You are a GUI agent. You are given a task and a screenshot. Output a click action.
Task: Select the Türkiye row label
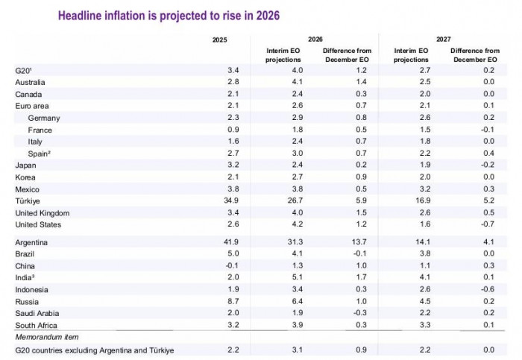tap(28, 200)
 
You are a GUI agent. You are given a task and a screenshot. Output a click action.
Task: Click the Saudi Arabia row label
tap(37, 314)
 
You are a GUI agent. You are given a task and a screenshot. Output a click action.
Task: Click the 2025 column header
tap(219, 38)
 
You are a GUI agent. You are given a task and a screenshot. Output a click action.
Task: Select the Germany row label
tap(43, 118)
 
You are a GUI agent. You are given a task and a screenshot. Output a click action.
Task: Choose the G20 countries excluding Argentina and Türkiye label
tap(92, 350)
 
